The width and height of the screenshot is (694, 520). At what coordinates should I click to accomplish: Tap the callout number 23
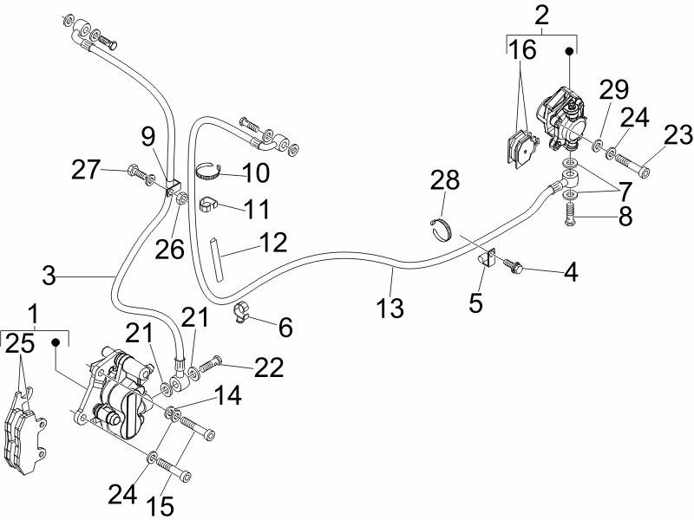tap(678, 134)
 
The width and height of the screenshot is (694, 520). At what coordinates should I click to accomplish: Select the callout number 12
tap(272, 241)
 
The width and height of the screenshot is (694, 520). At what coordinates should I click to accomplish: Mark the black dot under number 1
tap(58, 341)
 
